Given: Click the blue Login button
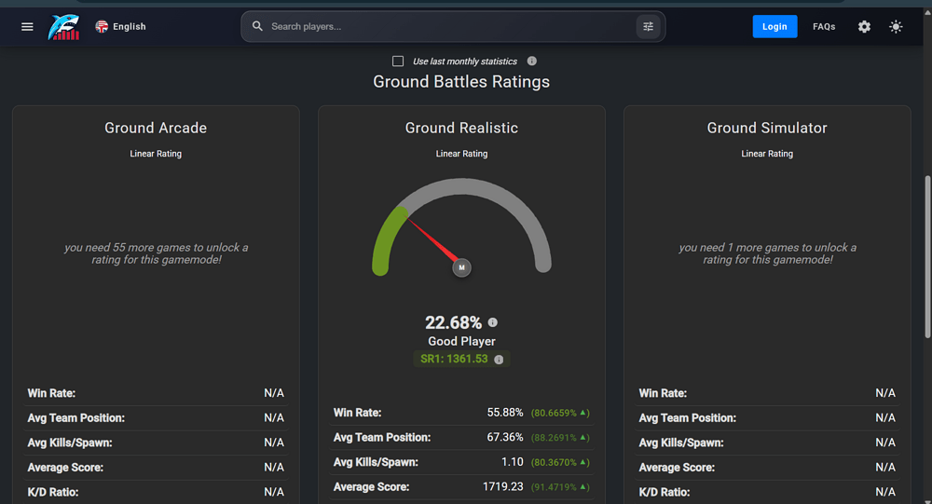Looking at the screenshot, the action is pos(774,27).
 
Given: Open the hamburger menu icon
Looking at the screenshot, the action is pos(27,27).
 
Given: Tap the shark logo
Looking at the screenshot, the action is pos(63,27).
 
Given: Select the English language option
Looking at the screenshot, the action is pos(120,27).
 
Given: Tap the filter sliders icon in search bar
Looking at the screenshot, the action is pos(648,27).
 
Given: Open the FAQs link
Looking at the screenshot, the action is pos(824,27).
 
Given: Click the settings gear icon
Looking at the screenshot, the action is pos(864,27).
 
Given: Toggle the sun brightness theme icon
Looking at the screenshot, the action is pos(896,27).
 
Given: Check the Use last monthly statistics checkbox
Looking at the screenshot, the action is pos(398,61).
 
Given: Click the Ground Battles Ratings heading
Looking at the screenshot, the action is pos(461,81).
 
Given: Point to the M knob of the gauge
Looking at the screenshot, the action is pos(462,267).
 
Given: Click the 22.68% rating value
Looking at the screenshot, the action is pos(454,322).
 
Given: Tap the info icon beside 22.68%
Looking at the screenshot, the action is pos(493,322).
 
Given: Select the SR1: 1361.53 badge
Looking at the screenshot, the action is pos(461,359).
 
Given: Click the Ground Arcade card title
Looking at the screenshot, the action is pos(156,128).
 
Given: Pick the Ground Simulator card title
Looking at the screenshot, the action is pos(767,128).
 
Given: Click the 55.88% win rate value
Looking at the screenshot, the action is pos(505,413).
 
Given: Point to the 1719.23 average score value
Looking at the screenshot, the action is pos(503,486).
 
